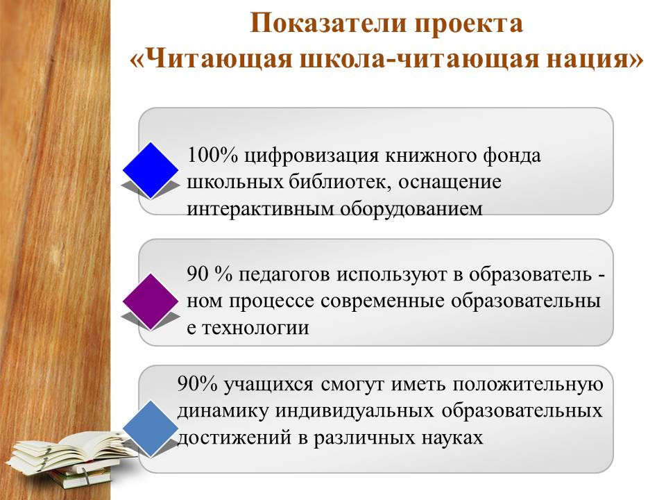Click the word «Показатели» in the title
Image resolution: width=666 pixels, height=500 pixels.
pos(328,23)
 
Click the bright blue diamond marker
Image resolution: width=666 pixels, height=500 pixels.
pos(151,170)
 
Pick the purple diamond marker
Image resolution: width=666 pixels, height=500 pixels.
pos(151,301)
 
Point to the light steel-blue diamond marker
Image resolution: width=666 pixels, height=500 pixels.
pos(151,428)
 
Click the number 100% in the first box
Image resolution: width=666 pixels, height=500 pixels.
pos(212,155)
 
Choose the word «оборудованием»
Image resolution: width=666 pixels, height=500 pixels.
pos(411,210)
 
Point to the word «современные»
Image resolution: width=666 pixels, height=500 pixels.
pos(382,301)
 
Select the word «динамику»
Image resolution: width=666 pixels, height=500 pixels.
pos(223,412)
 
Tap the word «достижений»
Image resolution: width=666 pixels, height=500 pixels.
pos(234,438)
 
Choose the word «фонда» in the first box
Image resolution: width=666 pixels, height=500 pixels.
pos(511,156)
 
